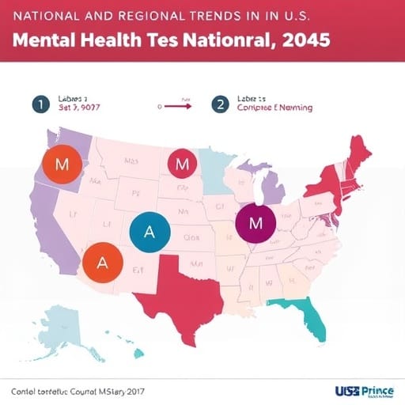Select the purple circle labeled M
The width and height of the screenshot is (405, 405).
point(255,222)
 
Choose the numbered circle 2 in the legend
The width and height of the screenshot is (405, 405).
point(218,104)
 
